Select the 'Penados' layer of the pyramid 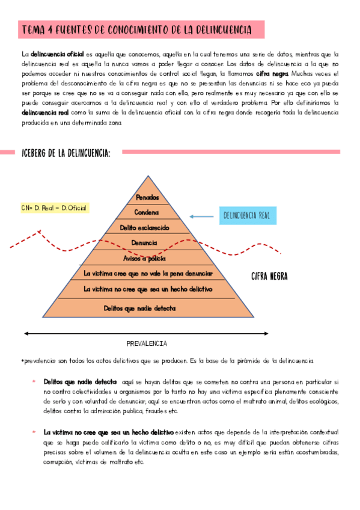(x=148, y=197)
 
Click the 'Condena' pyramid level (x=148, y=212)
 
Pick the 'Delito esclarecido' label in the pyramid (x=148, y=227)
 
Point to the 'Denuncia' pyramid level (x=148, y=243)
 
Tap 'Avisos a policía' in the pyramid (x=148, y=258)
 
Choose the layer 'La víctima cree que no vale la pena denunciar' (x=148, y=274)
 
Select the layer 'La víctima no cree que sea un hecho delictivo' (x=148, y=289)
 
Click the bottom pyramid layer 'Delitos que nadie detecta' (x=148, y=308)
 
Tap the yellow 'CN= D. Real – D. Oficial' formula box (x=54, y=208)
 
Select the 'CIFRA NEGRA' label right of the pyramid (x=269, y=277)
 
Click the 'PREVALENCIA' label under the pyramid (x=147, y=343)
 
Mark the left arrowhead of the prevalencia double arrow (x=26, y=331)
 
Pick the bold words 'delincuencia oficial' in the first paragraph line (x=58, y=54)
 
